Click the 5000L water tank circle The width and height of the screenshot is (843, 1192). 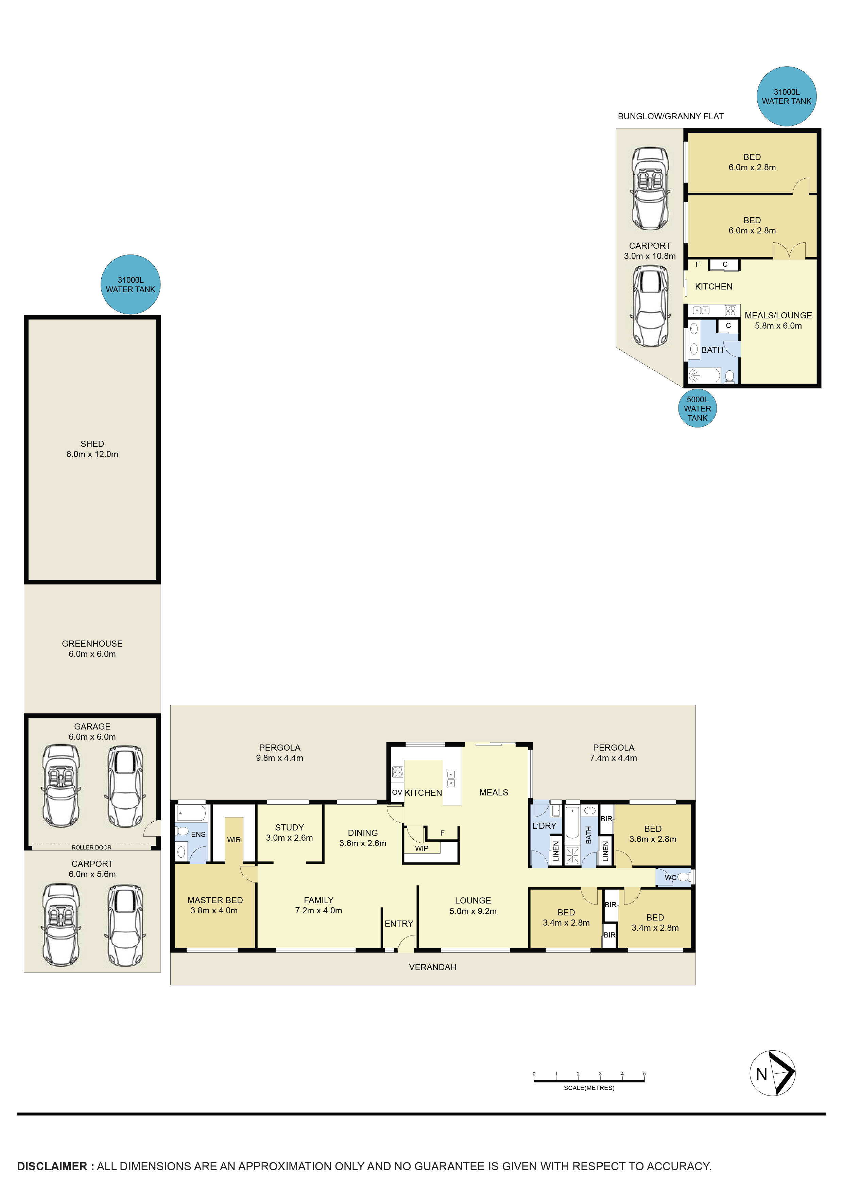(x=697, y=408)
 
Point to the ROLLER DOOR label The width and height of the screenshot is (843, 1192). (x=91, y=847)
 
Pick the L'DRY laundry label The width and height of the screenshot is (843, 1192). (x=544, y=825)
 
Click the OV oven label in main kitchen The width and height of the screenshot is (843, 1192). (x=397, y=792)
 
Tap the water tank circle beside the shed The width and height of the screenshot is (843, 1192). (x=131, y=284)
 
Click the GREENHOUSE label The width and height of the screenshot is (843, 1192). (x=92, y=648)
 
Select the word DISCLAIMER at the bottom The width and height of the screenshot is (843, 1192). (x=52, y=1166)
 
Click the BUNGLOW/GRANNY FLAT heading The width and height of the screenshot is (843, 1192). (x=670, y=116)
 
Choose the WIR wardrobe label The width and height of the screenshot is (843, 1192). (x=234, y=840)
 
